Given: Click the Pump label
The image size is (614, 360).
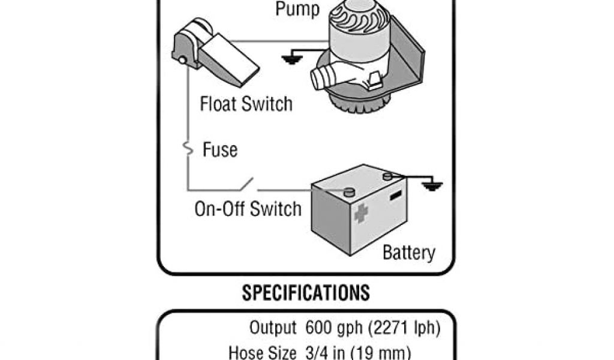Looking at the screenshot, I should point(297,9).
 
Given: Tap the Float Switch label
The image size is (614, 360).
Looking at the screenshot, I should point(246,104).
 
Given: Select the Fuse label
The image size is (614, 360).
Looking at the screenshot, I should point(220,149).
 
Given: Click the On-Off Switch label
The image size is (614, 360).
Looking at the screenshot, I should point(248,209).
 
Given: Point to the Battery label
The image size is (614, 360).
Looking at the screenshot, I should point(409,252).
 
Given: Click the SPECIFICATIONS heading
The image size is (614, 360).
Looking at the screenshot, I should point(306,293).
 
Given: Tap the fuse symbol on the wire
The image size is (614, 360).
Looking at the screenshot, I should point(188,148).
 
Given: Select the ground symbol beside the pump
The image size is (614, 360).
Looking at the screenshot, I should point(291,58).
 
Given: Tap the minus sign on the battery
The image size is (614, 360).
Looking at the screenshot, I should point(395,196).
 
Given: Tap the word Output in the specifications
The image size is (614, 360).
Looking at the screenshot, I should point(273,328).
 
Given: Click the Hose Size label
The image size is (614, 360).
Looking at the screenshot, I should point(262,352).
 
